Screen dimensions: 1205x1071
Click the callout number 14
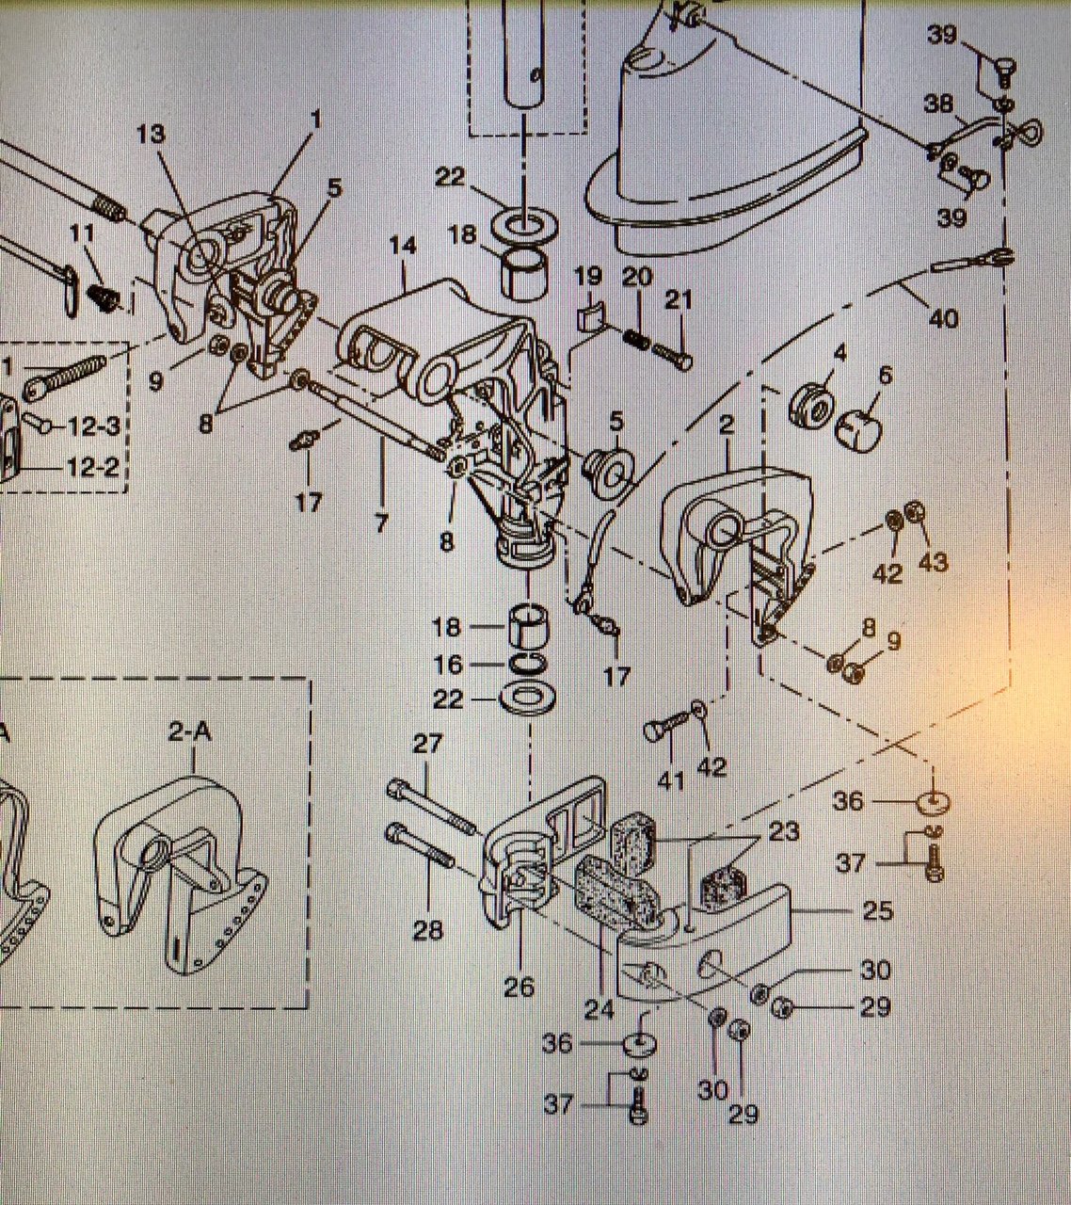click(x=402, y=247)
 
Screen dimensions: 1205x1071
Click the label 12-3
click(x=93, y=426)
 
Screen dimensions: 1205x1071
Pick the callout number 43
click(x=933, y=562)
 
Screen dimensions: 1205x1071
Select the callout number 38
click(x=938, y=104)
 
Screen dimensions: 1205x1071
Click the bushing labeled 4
click(x=809, y=403)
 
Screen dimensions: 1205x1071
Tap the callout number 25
click(x=877, y=911)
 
